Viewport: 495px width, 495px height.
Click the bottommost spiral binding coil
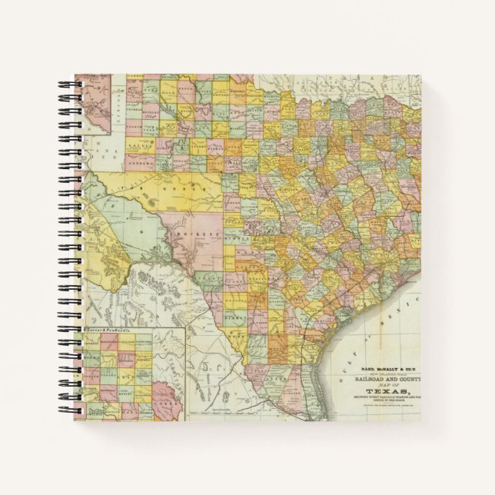[65, 416]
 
